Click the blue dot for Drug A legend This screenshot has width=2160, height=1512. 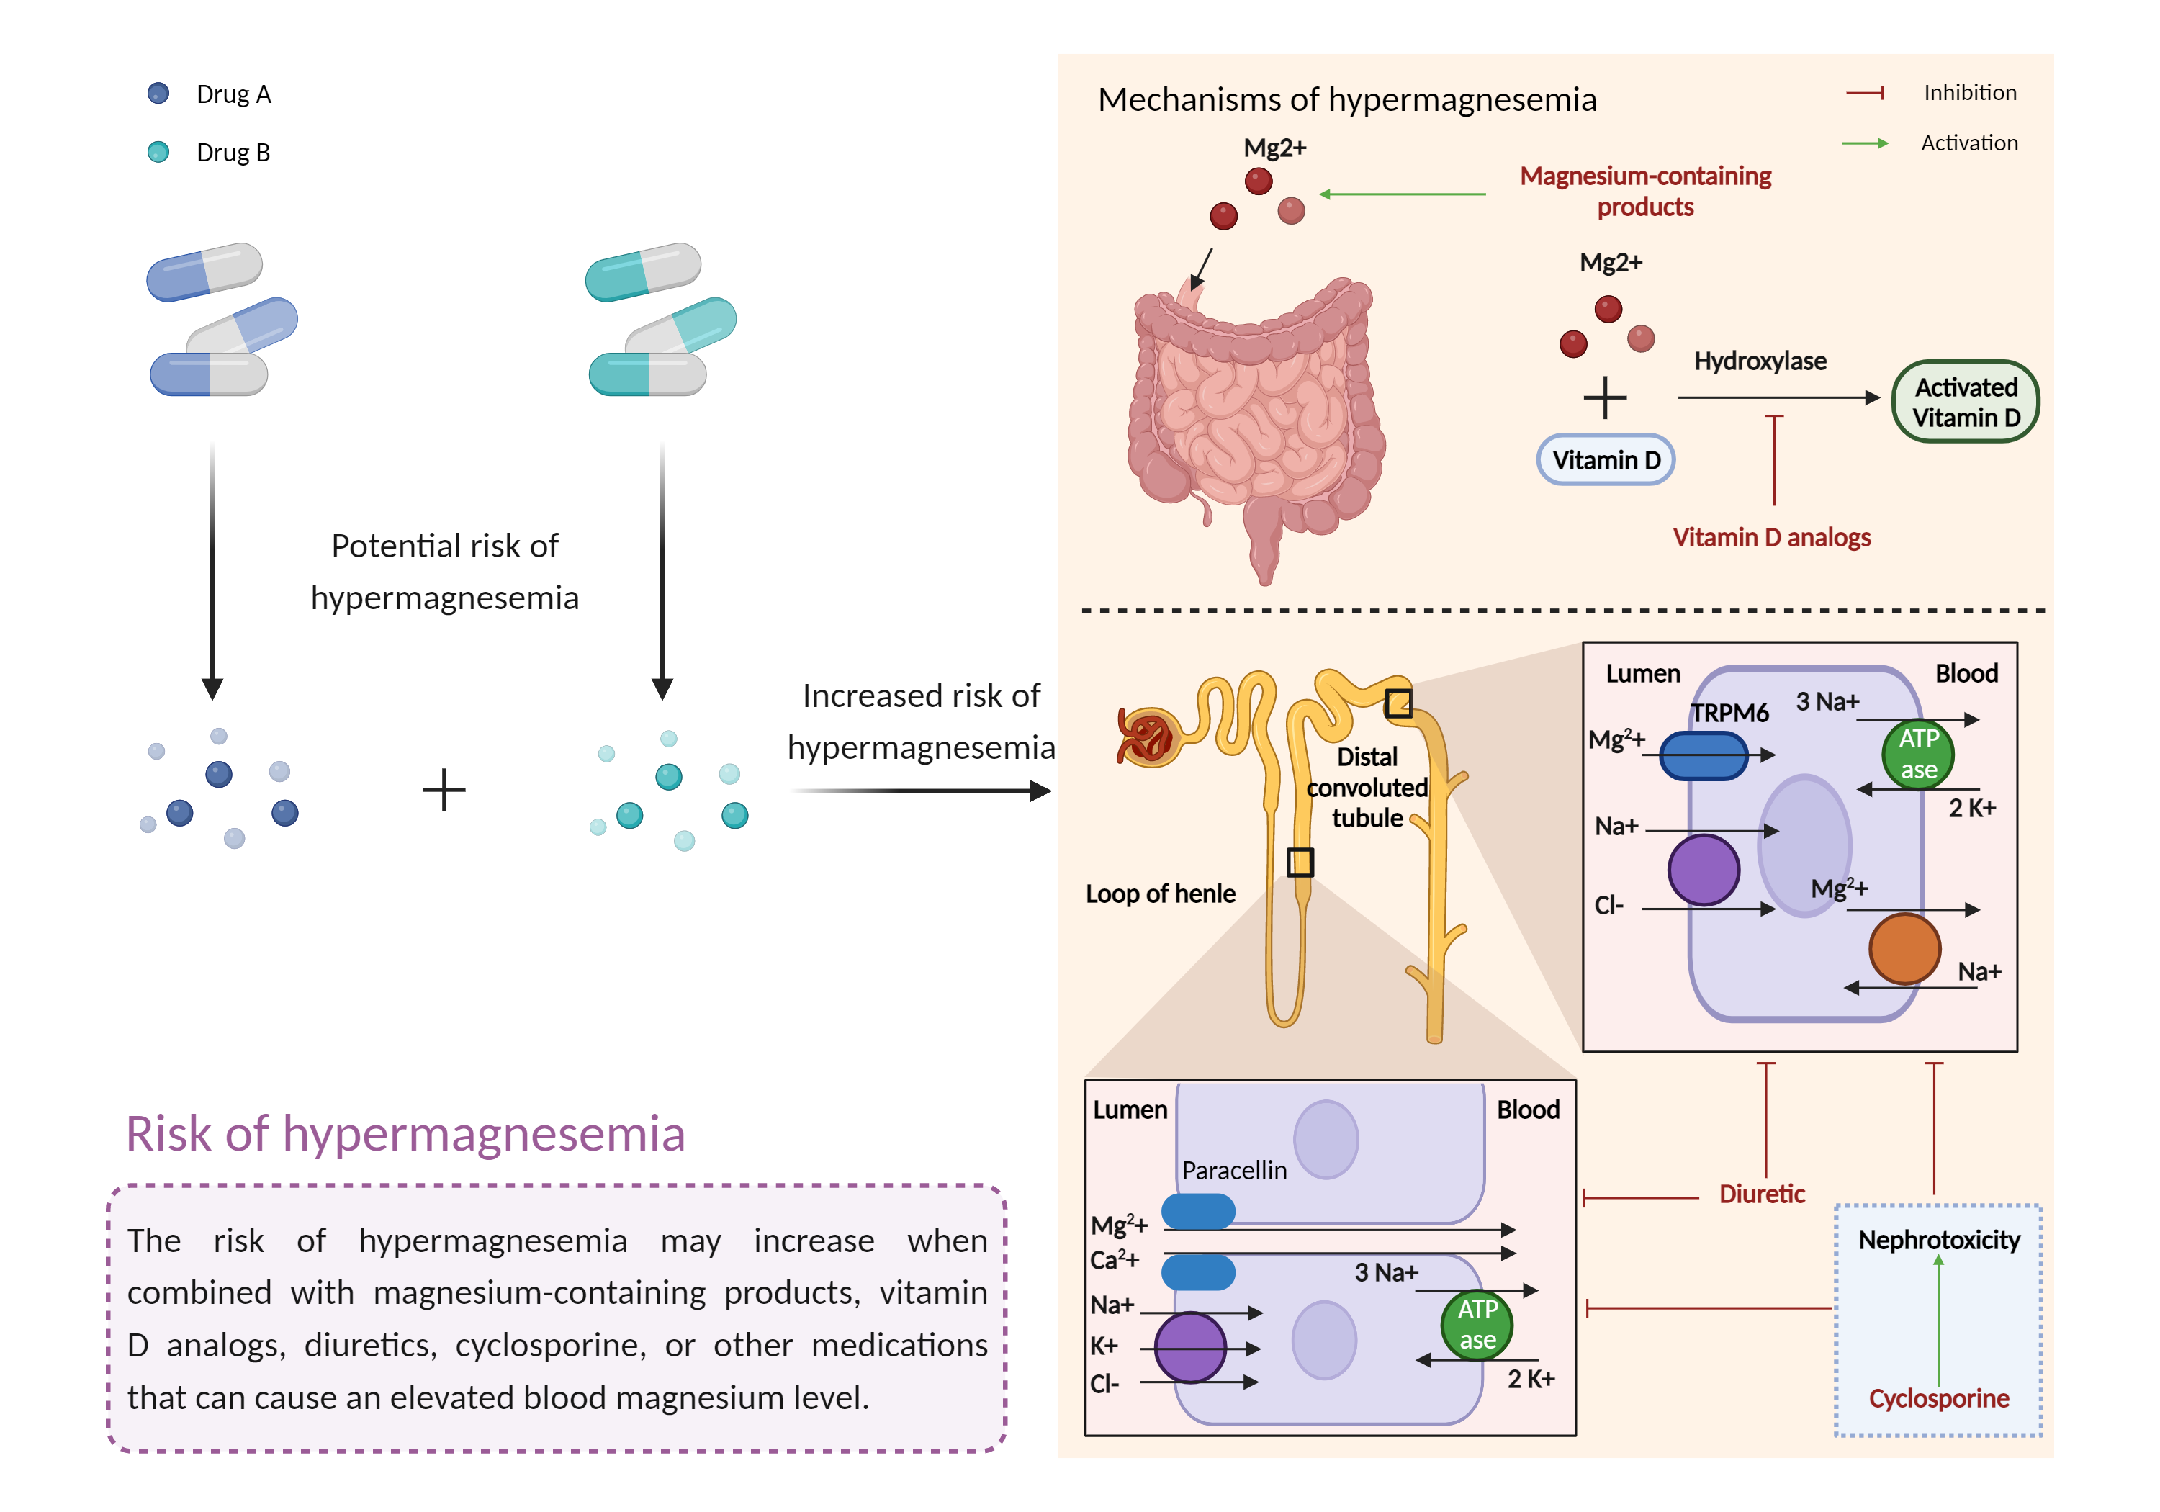pos(158,93)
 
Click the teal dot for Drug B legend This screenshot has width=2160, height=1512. pos(158,151)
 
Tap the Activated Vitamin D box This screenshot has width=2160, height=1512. pos(1966,402)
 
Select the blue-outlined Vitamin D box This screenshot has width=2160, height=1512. pos(1605,460)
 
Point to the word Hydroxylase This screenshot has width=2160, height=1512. pos(1759,361)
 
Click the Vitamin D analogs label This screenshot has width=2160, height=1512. pos(1770,537)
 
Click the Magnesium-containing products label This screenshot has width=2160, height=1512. pos(1645,191)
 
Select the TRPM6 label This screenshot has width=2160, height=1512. pos(1729,714)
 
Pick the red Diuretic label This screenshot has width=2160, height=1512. pos(1761,1194)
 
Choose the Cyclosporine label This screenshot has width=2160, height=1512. pos(1938,1398)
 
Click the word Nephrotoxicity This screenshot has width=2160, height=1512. pos(1939,1240)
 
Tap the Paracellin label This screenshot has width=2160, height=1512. pos(1233,1171)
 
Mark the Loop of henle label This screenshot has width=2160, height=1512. pos(1160,894)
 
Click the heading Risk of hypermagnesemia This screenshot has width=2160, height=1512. pos(405,1134)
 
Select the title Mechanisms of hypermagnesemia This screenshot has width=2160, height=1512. pos(1346,100)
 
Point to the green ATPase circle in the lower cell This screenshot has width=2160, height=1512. pos(1476,1325)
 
